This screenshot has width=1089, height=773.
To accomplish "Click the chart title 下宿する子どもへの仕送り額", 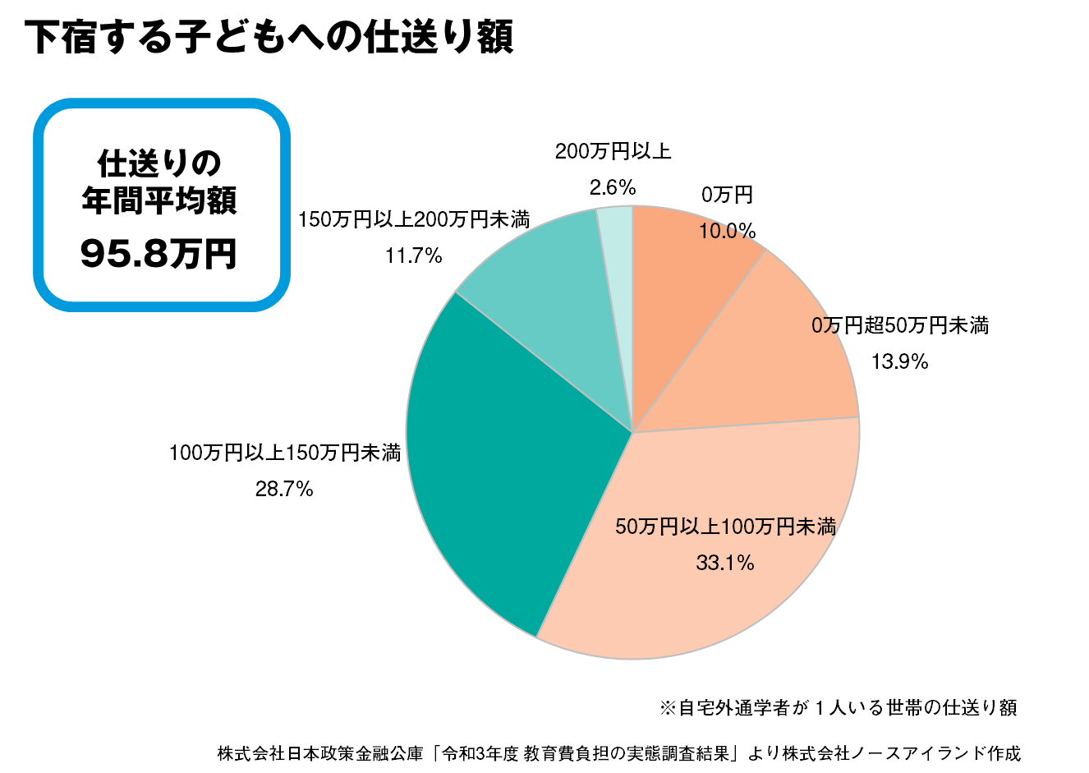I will [269, 38].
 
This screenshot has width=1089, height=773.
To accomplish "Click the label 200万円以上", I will [613, 151].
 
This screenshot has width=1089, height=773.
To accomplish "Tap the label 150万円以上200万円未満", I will [413, 220].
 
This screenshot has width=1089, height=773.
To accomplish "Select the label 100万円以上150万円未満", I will [284, 453].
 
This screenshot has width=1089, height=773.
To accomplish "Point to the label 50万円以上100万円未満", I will [725, 527].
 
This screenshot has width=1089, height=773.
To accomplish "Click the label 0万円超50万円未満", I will [900, 325].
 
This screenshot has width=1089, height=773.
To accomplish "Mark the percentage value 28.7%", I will [284, 490].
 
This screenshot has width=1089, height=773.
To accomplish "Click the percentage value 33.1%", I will [725, 563].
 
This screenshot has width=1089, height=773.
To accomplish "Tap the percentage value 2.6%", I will [613, 188].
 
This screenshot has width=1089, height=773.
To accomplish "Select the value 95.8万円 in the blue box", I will [159, 255].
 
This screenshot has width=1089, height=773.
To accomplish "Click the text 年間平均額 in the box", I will [159, 202].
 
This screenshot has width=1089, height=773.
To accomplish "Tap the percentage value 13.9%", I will [900, 361].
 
